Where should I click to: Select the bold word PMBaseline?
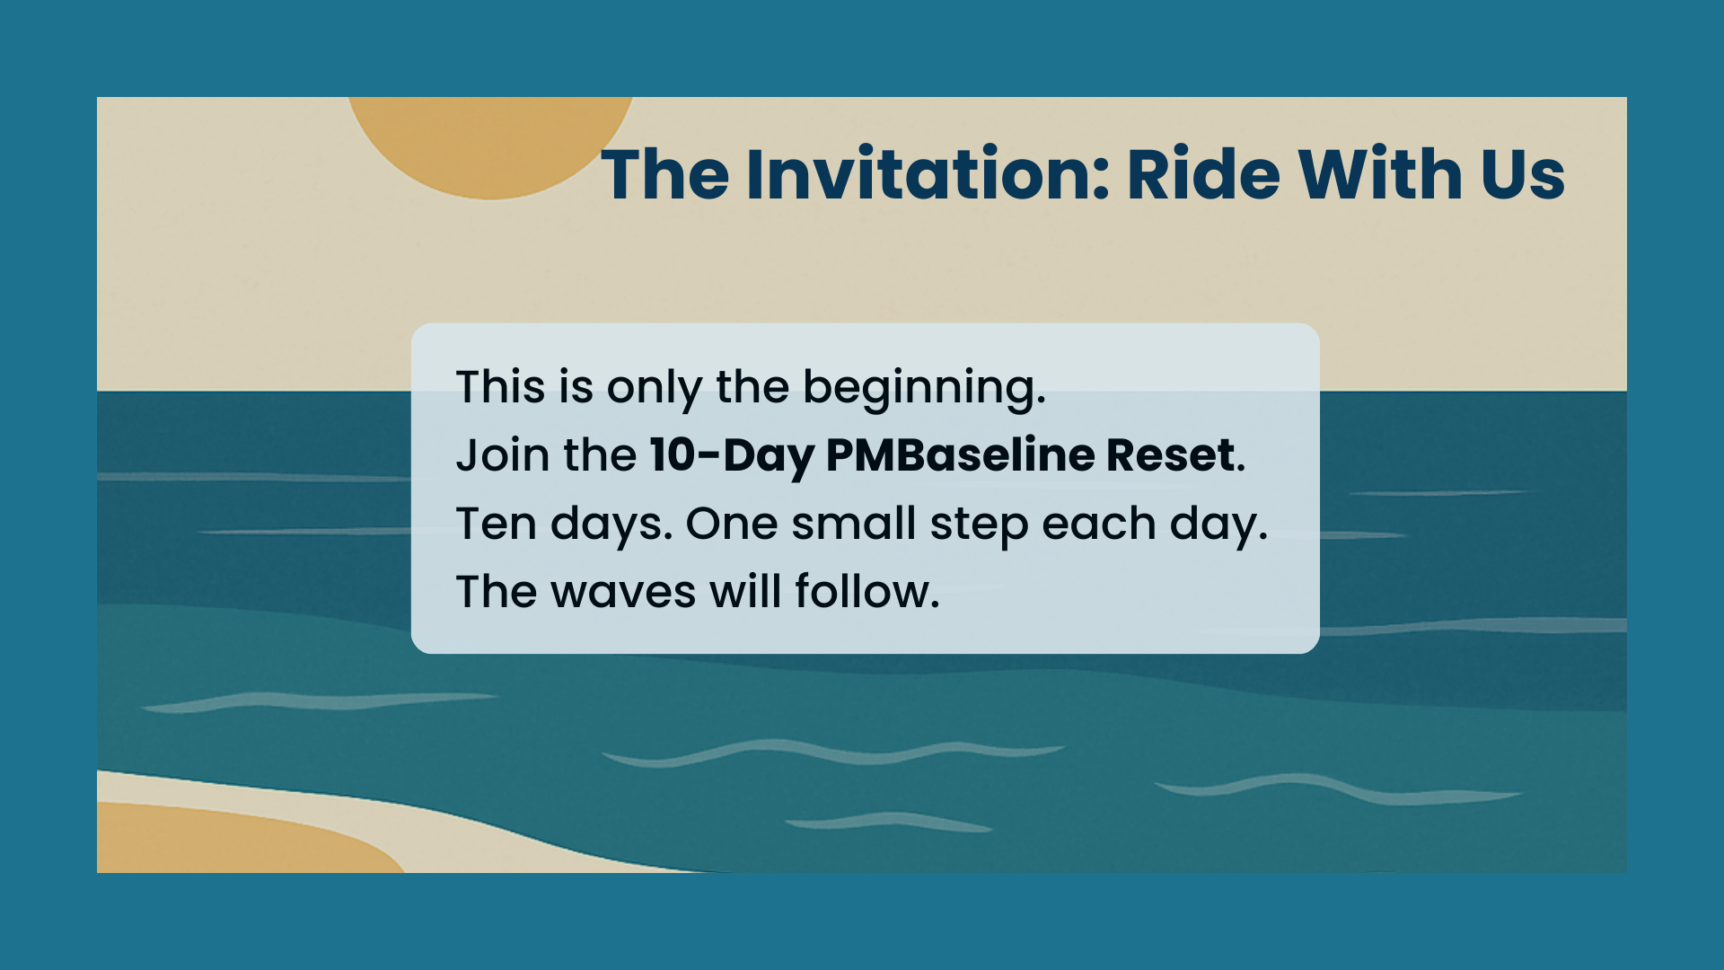click(959, 454)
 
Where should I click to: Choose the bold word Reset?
click(1170, 454)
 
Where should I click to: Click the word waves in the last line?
click(623, 593)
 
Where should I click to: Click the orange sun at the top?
click(490, 144)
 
